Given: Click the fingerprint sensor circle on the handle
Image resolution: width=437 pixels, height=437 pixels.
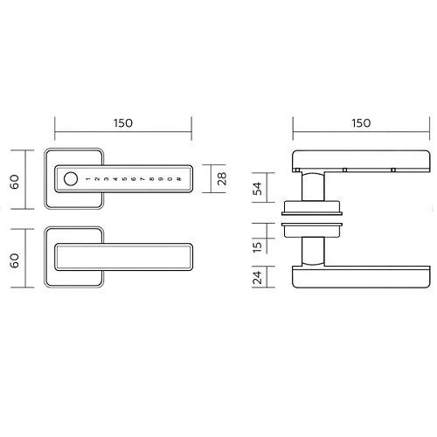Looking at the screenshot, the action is (x=71, y=179).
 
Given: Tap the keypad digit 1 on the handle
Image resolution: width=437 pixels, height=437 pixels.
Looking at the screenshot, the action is (x=87, y=179).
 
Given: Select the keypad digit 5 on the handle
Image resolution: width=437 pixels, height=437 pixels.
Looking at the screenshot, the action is (x=124, y=179).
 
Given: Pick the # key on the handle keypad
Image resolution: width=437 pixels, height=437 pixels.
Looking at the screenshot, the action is (x=179, y=179).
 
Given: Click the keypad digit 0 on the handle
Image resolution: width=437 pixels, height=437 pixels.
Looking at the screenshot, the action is (x=170, y=179).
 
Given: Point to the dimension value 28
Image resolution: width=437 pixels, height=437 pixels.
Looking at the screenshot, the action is (x=222, y=178).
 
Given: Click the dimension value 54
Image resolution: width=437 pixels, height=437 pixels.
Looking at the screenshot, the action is (x=258, y=189).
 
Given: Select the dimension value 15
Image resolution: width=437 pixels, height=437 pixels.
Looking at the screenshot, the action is (x=258, y=247).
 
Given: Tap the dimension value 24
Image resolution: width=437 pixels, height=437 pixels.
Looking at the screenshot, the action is (x=258, y=277).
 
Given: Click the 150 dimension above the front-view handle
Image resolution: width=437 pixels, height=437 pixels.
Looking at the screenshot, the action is (x=123, y=123).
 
